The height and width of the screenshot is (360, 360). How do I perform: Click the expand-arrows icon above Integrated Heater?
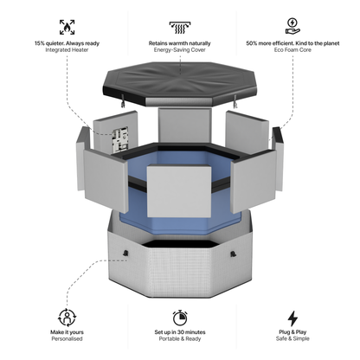tap(67, 26)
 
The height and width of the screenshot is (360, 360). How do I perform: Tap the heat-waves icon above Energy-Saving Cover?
tap(181, 25)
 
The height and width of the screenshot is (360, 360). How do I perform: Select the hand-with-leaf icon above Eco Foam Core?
tap(292, 25)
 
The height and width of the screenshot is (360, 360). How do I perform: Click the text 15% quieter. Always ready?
tap(67, 42)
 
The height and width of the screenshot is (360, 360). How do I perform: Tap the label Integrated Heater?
tap(67, 50)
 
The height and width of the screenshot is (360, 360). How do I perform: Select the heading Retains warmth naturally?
tap(181, 42)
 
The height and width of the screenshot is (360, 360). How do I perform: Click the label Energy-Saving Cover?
tap(181, 50)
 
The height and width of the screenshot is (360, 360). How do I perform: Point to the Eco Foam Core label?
tap(292, 50)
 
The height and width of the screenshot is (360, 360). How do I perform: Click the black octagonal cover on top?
tap(180, 85)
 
